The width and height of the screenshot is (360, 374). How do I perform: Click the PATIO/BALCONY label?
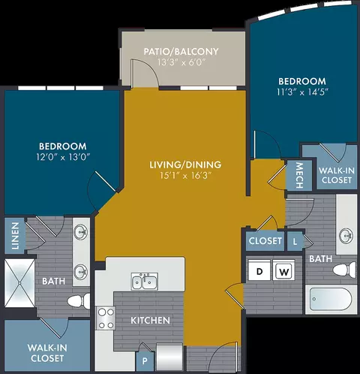tap(181, 52)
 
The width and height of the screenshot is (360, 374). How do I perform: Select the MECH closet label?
tap(299, 175)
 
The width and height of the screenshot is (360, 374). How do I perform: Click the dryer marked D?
tap(259, 270)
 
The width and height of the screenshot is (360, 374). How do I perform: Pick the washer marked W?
tap(283, 270)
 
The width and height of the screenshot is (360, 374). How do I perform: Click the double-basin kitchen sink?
tap(145, 282)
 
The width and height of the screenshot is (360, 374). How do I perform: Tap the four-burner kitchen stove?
tap(106, 318)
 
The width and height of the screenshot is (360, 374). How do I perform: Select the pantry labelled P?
tap(145, 361)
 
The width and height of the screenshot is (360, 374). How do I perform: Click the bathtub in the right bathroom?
tap(331, 299)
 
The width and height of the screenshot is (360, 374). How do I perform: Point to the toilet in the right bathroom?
tap(344, 270)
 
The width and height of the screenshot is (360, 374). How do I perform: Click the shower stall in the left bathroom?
tap(19, 283)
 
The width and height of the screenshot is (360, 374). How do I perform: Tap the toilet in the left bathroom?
tap(79, 301)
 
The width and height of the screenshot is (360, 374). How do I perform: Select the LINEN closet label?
tap(15, 236)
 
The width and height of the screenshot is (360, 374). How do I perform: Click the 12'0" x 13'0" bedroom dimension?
tap(63, 157)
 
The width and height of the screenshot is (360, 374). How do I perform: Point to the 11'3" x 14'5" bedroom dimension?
tap(302, 92)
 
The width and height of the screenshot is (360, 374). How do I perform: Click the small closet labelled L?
tap(295, 241)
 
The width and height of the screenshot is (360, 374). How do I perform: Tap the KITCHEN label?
tap(150, 321)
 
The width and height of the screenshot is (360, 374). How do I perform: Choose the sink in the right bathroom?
tap(346, 236)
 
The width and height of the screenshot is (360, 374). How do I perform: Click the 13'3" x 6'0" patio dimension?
tap(181, 62)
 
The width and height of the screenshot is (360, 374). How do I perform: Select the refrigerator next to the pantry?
tap(169, 357)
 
